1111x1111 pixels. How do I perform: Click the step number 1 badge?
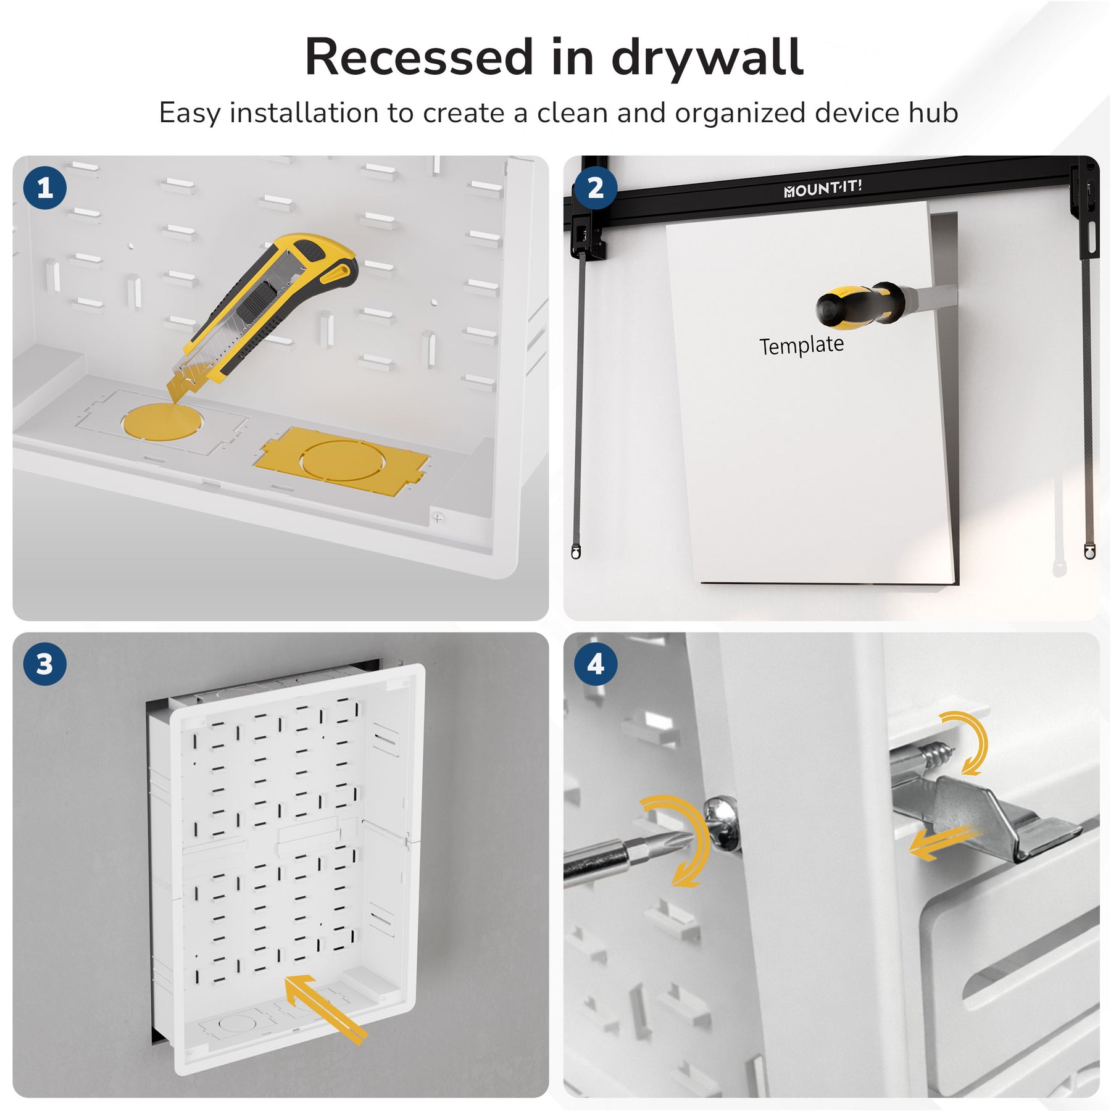pyautogui.click(x=44, y=188)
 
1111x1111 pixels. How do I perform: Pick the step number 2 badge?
pyautogui.click(x=596, y=188)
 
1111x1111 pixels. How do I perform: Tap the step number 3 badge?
pyautogui.click(x=44, y=664)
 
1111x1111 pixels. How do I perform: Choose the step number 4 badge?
pyautogui.click(x=596, y=664)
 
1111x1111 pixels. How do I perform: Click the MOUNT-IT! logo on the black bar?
pyautogui.click(x=823, y=188)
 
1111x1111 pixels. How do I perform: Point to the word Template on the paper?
pyautogui.click(x=801, y=345)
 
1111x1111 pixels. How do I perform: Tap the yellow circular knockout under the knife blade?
pyautogui.click(x=162, y=421)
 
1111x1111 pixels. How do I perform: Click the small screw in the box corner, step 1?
pyautogui.click(x=438, y=518)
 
